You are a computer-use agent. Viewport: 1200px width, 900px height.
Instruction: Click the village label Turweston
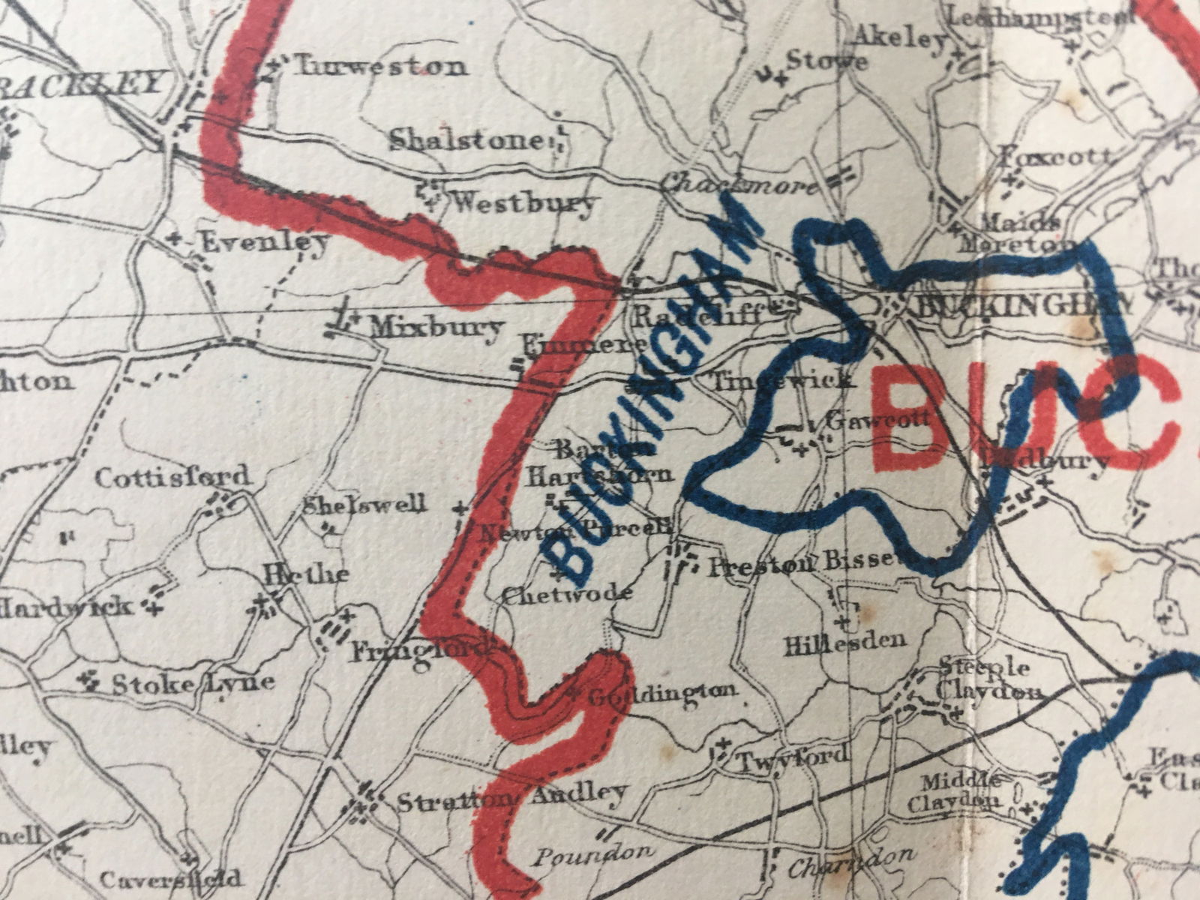pyautogui.click(x=379, y=67)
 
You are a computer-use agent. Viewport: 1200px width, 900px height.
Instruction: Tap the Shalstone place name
pyautogui.click(x=465, y=140)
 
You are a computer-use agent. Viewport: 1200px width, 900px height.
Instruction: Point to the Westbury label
pyautogui.click(x=525, y=202)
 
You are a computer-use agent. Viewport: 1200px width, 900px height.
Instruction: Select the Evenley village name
pyautogui.click(x=265, y=241)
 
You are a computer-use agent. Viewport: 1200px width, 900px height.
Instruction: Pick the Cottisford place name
pyautogui.click(x=172, y=477)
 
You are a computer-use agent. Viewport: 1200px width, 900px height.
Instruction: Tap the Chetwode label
pyautogui.click(x=567, y=594)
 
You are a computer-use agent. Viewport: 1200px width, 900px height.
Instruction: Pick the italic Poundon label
pyautogui.click(x=592, y=853)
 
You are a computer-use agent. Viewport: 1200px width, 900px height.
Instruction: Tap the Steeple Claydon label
pyautogui.click(x=990, y=679)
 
